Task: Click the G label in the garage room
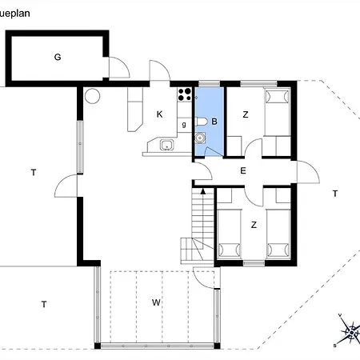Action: pyautogui.click(x=58, y=57)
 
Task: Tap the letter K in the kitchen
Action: pyautogui.click(x=159, y=114)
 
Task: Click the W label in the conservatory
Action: pyautogui.click(x=157, y=302)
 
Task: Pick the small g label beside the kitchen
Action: pyautogui.click(x=184, y=124)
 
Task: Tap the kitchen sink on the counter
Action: pyautogui.click(x=166, y=145)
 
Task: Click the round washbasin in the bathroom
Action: pyautogui.click(x=199, y=137)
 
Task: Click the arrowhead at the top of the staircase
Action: pyautogui.click(x=203, y=191)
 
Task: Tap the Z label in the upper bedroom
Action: pyautogui.click(x=246, y=114)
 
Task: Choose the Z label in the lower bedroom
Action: pyautogui.click(x=254, y=225)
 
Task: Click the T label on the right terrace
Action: pyautogui.click(x=335, y=194)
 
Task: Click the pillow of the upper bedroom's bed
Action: pyautogui.click(x=276, y=98)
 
